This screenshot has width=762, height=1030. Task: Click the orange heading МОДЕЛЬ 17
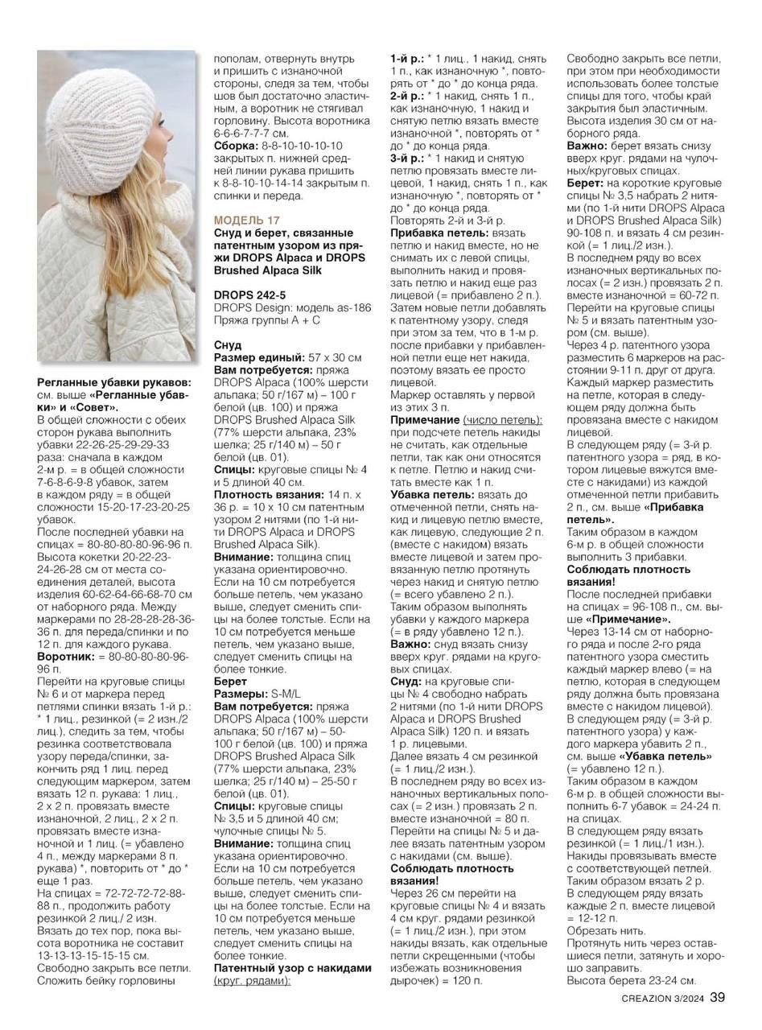click(x=247, y=220)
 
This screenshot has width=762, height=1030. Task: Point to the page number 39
click(x=718, y=998)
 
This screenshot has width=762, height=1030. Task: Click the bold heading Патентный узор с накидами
click(x=293, y=968)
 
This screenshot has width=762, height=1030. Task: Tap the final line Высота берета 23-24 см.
click(x=632, y=980)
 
